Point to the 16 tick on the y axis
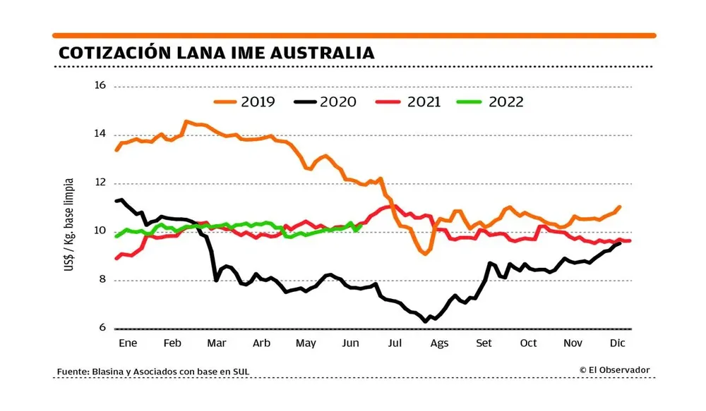(100, 85)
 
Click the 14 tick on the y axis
(100, 134)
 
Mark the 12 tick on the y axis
(100, 183)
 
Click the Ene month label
(127, 343)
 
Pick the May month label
(306, 343)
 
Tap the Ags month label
(439, 343)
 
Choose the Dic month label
(617, 343)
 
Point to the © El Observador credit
(614, 370)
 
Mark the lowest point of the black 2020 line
(425, 321)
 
